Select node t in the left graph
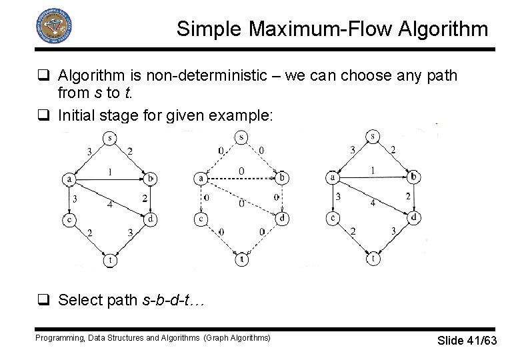(x=109, y=261)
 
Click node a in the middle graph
(x=201, y=178)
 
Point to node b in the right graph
(x=414, y=177)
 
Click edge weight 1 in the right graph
(x=373, y=171)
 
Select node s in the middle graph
(x=241, y=138)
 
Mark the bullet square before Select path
(x=46, y=299)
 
